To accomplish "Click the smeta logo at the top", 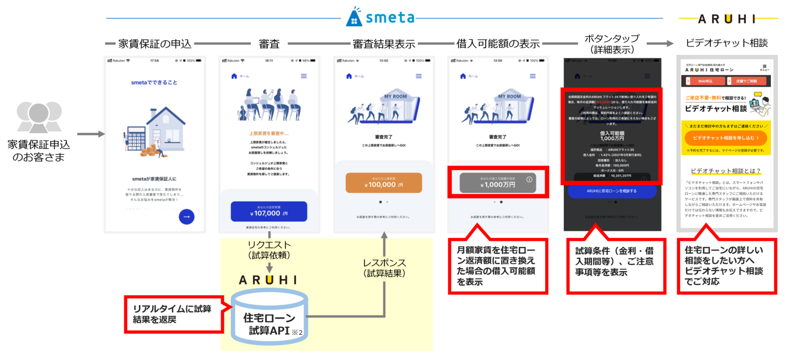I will pos(380,17).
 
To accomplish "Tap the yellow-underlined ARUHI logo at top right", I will pos(728,19).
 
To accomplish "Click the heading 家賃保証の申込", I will pos(155,43).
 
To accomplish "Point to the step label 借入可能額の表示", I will pos(498,44).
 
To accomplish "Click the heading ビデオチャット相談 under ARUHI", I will pos(727,43).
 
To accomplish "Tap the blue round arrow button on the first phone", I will pos(186,216).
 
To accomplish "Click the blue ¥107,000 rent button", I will pos(269,211).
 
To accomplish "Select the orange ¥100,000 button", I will pos(383,183).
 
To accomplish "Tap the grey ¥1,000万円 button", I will pos(497,183).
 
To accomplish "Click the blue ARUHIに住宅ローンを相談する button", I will pos(611,191).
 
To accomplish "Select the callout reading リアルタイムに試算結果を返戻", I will pos(173,314).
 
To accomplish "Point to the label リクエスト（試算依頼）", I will pos(269,250).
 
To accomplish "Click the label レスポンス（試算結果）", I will pos(384,267).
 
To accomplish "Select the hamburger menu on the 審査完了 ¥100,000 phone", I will pos(419,76).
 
